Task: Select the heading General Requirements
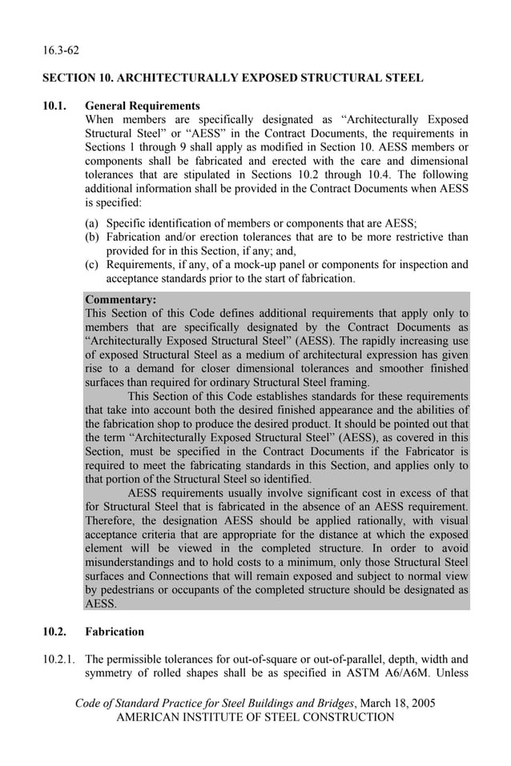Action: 143,106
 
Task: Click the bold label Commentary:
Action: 120,300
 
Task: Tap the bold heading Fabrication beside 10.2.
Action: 115,632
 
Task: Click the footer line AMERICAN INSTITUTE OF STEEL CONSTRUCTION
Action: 255,717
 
